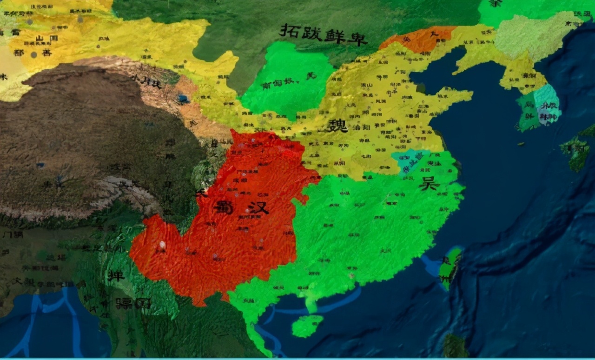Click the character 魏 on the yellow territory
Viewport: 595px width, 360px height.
click(337, 125)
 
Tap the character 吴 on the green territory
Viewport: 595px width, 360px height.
click(429, 184)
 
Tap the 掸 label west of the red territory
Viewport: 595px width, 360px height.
click(116, 275)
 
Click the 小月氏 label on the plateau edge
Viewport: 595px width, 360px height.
click(145, 83)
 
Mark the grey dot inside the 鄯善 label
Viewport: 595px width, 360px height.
click(33, 54)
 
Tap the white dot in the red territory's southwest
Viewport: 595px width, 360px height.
click(162, 245)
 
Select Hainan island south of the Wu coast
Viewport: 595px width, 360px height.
click(307, 326)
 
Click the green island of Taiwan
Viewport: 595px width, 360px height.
click(450, 267)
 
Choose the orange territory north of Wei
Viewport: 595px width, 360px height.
click(418, 39)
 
